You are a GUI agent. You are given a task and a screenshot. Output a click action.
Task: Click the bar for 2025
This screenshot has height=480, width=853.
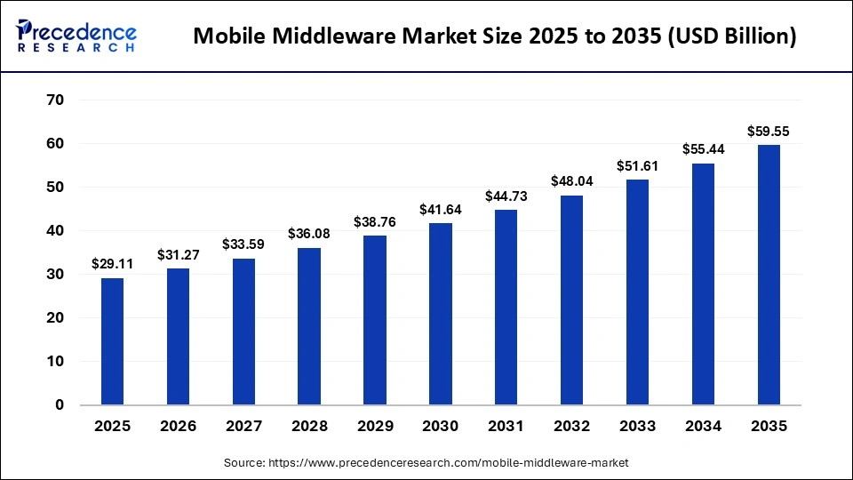click(x=112, y=341)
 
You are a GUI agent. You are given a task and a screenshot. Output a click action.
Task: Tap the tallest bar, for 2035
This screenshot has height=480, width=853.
click(x=769, y=275)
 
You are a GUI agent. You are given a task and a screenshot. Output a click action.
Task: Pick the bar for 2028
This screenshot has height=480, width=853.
click(x=309, y=326)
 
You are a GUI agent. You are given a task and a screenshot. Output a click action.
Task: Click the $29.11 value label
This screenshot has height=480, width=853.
click(x=112, y=264)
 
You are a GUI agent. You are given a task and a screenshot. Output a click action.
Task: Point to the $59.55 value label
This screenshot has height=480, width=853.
click(x=769, y=132)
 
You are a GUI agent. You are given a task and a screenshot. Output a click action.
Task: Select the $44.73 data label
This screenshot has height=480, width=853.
click(x=506, y=196)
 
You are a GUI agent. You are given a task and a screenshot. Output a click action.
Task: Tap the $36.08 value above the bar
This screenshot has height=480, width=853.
click(x=309, y=234)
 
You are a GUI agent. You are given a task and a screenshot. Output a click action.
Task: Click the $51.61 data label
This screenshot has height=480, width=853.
click(x=637, y=166)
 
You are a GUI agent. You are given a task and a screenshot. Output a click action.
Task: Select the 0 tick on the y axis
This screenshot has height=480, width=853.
click(x=59, y=405)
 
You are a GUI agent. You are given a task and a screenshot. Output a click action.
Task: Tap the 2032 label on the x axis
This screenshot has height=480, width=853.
click(x=571, y=427)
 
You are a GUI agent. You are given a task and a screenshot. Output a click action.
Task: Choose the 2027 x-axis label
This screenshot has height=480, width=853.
click(x=243, y=427)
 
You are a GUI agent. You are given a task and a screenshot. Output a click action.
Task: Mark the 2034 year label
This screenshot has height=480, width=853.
click(x=703, y=427)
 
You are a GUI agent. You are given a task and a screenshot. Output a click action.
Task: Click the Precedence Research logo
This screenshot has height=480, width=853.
click(x=76, y=36)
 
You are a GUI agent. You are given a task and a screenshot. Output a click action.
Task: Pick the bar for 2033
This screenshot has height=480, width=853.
click(x=637, y=292)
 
